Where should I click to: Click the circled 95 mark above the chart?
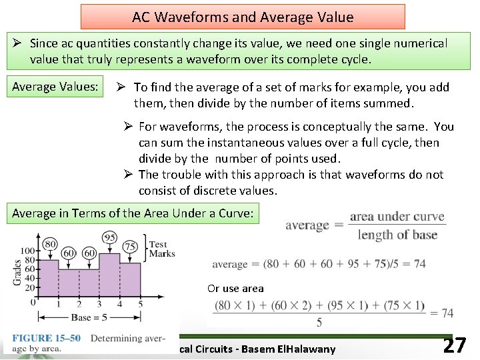(x=110, y=238)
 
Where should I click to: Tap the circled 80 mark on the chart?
(x=49, y=244)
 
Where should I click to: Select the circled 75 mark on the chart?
(x=131, y=245)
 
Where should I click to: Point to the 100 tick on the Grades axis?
(x=27, y=251)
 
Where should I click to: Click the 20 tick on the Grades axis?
(x=29, y=287)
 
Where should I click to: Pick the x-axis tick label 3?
(x=99, y=305)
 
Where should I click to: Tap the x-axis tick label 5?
(x=140, y=305)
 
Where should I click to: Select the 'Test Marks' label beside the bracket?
(x=162, y=249)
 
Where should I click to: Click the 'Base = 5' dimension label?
(x=89, y=317)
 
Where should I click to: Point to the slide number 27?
(x=454, y=345)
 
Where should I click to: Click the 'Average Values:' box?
(x=55, y=87)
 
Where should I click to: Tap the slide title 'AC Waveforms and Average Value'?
(x=243, y=17)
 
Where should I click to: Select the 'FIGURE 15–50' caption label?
(x=46, y=338)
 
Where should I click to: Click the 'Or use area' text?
(x=235, y=289)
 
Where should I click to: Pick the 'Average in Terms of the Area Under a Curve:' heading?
(x=133, y=213)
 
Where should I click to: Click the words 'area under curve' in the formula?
(x=397, y=217)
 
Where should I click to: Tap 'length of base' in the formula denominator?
(x=397, y=234)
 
